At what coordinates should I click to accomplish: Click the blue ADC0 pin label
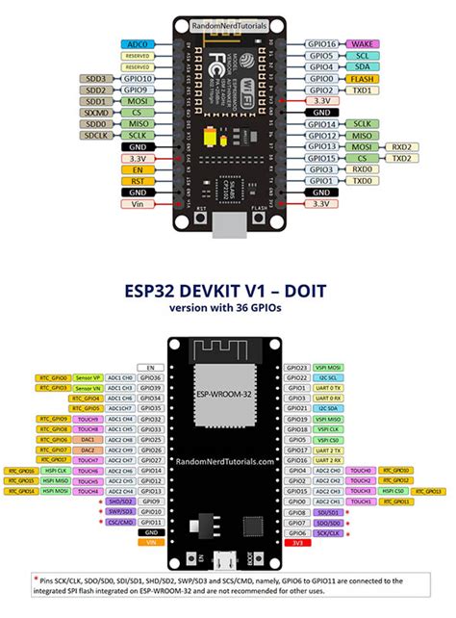click(137, 44)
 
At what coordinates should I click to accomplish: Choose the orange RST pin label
click(137, 180)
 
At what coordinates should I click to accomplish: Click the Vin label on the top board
click(137, 203)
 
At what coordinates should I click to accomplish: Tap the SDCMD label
click(96, 112)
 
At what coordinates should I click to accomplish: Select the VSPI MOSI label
click(330, 368)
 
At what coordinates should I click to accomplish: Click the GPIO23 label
click(297, 368)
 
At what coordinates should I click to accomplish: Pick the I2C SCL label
click(330, 378)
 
